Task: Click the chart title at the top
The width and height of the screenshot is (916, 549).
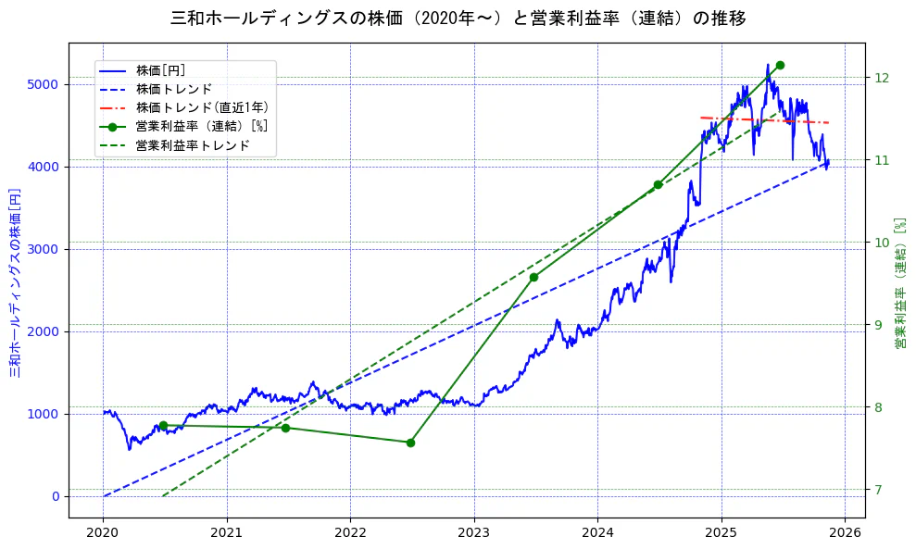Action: (x=458, y=19)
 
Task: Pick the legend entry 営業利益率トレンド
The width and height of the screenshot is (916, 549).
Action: (x=193, y=145)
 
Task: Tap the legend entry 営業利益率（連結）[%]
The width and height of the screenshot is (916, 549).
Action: (x=201, y=127)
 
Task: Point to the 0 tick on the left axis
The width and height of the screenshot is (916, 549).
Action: (x=56, y=496)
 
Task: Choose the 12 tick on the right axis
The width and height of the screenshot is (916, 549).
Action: (x=881, y=78)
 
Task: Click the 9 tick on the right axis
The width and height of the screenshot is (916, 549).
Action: (x=877, y=325)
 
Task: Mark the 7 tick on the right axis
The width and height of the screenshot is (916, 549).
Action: (x=877, y=490)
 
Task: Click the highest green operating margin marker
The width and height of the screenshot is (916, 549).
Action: (x=780, y=65)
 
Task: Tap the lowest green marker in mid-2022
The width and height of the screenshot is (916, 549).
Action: (x=410, y=443)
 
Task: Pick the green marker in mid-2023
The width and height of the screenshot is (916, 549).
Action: (x=533, y=277)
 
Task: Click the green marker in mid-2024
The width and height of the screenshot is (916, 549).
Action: (x=658, y=185)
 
